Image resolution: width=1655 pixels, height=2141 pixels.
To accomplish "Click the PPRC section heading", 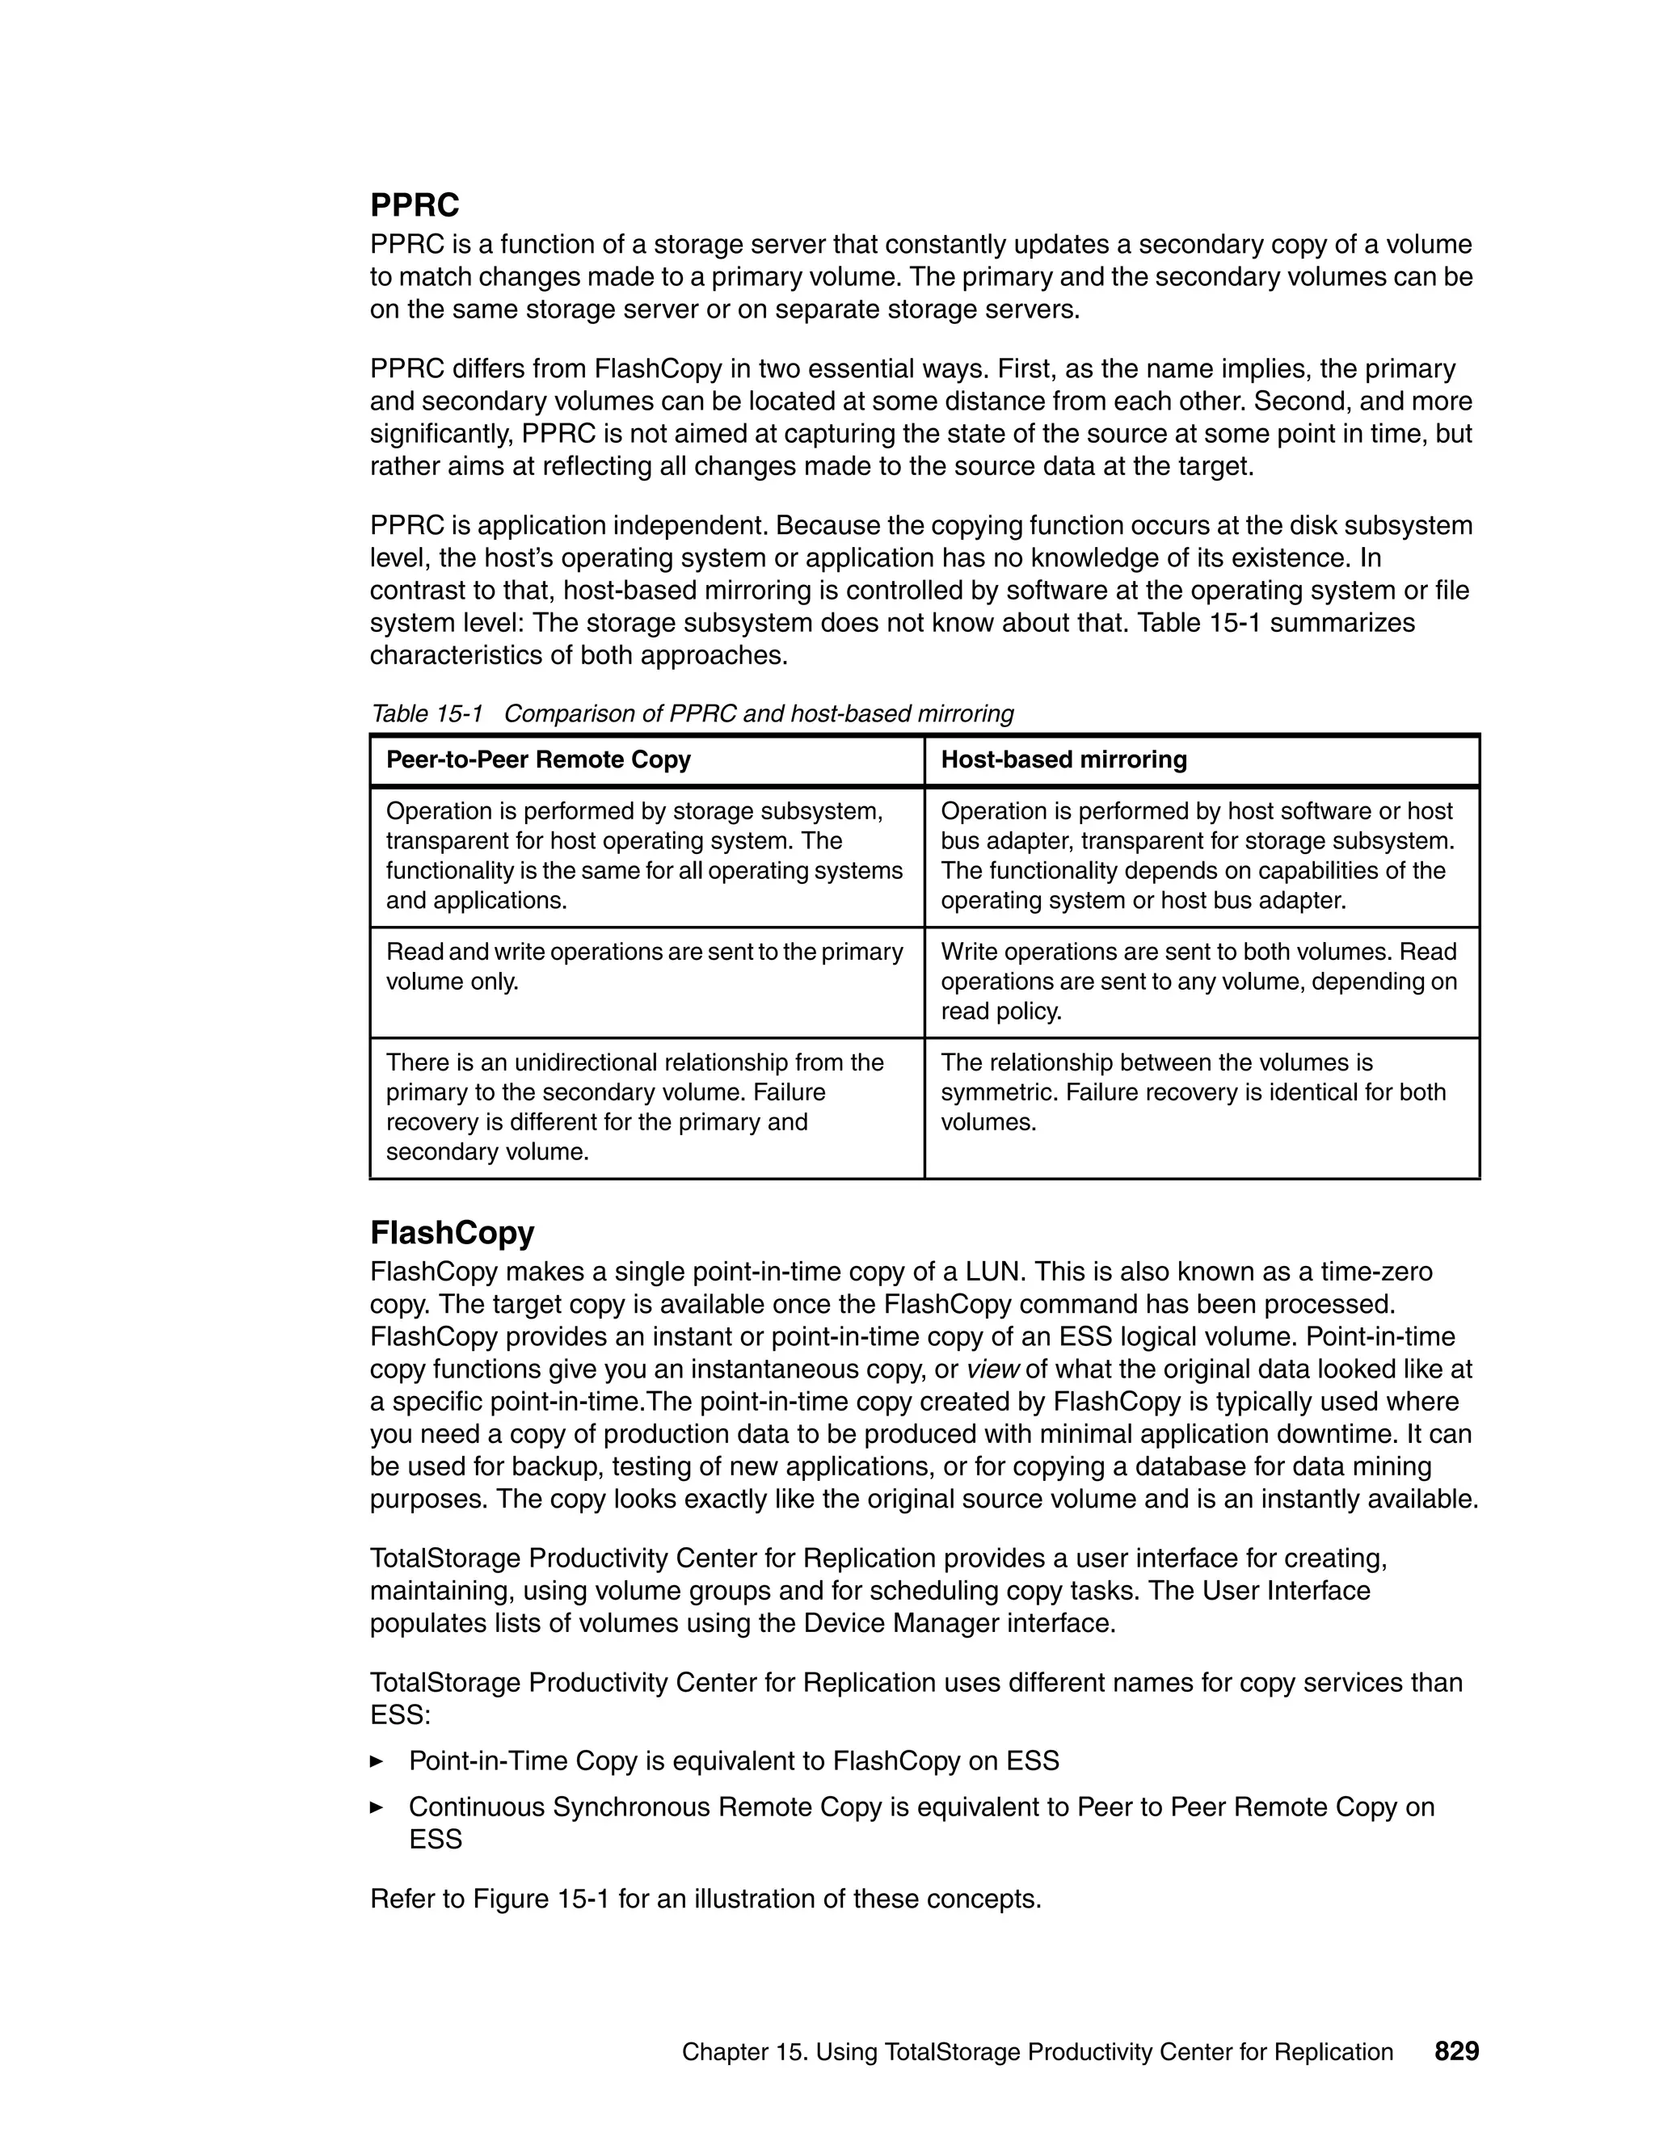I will pyautogui.click(x=414, y=206).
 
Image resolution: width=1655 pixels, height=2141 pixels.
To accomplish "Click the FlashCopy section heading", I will pyautogui.click(x=452, y=1232).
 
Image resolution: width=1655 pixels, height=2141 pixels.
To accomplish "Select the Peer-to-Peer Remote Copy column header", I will pyautogui.click(x=538, y=759).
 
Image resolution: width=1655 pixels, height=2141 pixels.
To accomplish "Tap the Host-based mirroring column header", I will pyautogui.click(x=1063, y=759).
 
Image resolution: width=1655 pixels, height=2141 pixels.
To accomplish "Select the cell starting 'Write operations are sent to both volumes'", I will pyautogui.click(x=1198, y=982).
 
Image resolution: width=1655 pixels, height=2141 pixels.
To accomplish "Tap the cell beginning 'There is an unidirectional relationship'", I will pyautogui.click(x=634, y=1107).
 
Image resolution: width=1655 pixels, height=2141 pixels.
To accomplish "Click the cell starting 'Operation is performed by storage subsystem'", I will pyautogui.click(x=644, y=856).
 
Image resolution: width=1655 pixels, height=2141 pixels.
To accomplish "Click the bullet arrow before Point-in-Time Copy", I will pyautogui.click(x=376, y=1761).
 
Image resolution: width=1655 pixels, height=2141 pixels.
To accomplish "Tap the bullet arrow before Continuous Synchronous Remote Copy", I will pyautogui.click(x=376, y=1807).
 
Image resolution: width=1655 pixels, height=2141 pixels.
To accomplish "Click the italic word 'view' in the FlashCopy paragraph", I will pyautogui.click(x=993, y=1369).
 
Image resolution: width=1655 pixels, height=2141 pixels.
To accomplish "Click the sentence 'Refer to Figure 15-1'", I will pyautogui.click(x=705, y=1899).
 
